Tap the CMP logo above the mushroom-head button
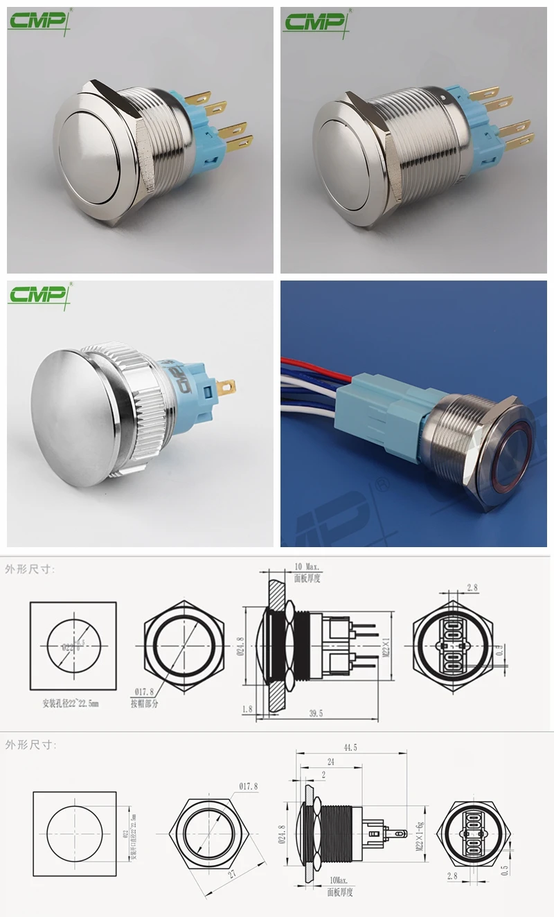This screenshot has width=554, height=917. pyautogui.click(x=39, y=295)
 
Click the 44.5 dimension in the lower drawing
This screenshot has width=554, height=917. pyautogui.click(x=350, y=748)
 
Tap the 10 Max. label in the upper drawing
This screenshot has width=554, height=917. pyautogui.click(x=307, y=567)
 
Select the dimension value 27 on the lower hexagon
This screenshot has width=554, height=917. pyautogui.click(x=232, y=873)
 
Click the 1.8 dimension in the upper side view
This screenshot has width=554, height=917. pyautogui.click(x=248, y=709)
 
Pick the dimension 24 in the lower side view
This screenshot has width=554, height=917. pyautogui.click(x=330, y=760)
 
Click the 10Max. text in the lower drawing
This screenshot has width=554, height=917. pyautogui.click(x=339, y=879)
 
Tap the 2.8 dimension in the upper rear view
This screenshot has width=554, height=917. pyautogui.click(x=472, y=587)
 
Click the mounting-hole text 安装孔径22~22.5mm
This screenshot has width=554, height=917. pyautogui.click(x=71, y=702)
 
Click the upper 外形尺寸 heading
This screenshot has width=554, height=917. pyautogui.click(x=30, y=569)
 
